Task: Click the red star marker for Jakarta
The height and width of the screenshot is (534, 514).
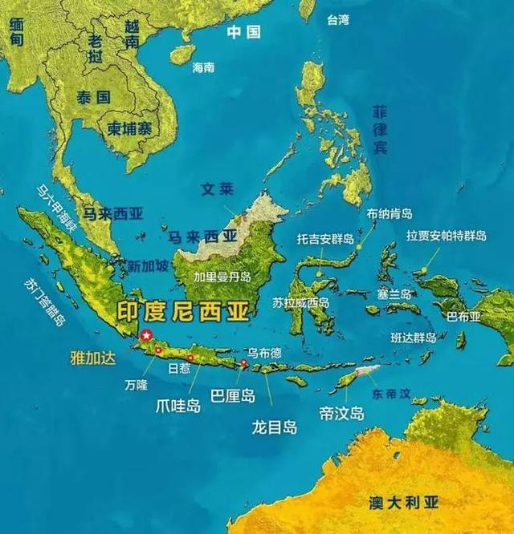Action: tap(146, 336)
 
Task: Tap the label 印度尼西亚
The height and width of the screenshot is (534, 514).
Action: tap(184, 309)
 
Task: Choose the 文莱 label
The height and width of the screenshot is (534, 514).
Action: tap(216, 190)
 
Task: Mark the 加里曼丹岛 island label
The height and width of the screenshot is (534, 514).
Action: tap(222, 277)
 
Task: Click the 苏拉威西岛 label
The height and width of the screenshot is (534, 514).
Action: tap(300, 302)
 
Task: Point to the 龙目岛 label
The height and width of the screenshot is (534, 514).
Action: tap(274, 427)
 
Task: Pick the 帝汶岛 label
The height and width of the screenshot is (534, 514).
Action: tap(341, 413)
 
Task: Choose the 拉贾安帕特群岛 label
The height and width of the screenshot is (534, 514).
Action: tap(447, 236)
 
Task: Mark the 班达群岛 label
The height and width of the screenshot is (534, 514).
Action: tap(414, 338)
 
